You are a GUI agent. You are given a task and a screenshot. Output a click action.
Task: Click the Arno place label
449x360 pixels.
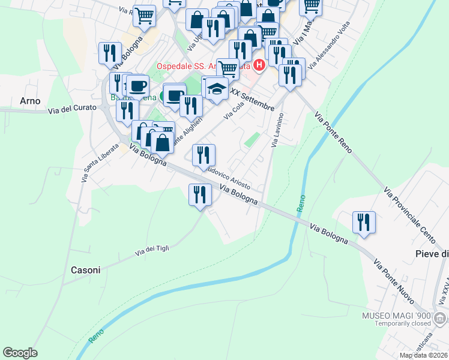(x=30, y=101)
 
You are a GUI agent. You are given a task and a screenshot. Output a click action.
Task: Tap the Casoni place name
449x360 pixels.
(x=85, y=270)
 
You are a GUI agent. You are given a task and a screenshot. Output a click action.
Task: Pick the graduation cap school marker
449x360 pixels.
(x=216, y=89)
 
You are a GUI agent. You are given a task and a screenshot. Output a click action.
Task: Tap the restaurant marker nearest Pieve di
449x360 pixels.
(x=364, y=222)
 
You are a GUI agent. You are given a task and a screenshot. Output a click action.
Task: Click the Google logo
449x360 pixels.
(x=20, y=353)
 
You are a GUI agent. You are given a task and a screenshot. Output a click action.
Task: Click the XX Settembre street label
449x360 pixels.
(x=253, y=100)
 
